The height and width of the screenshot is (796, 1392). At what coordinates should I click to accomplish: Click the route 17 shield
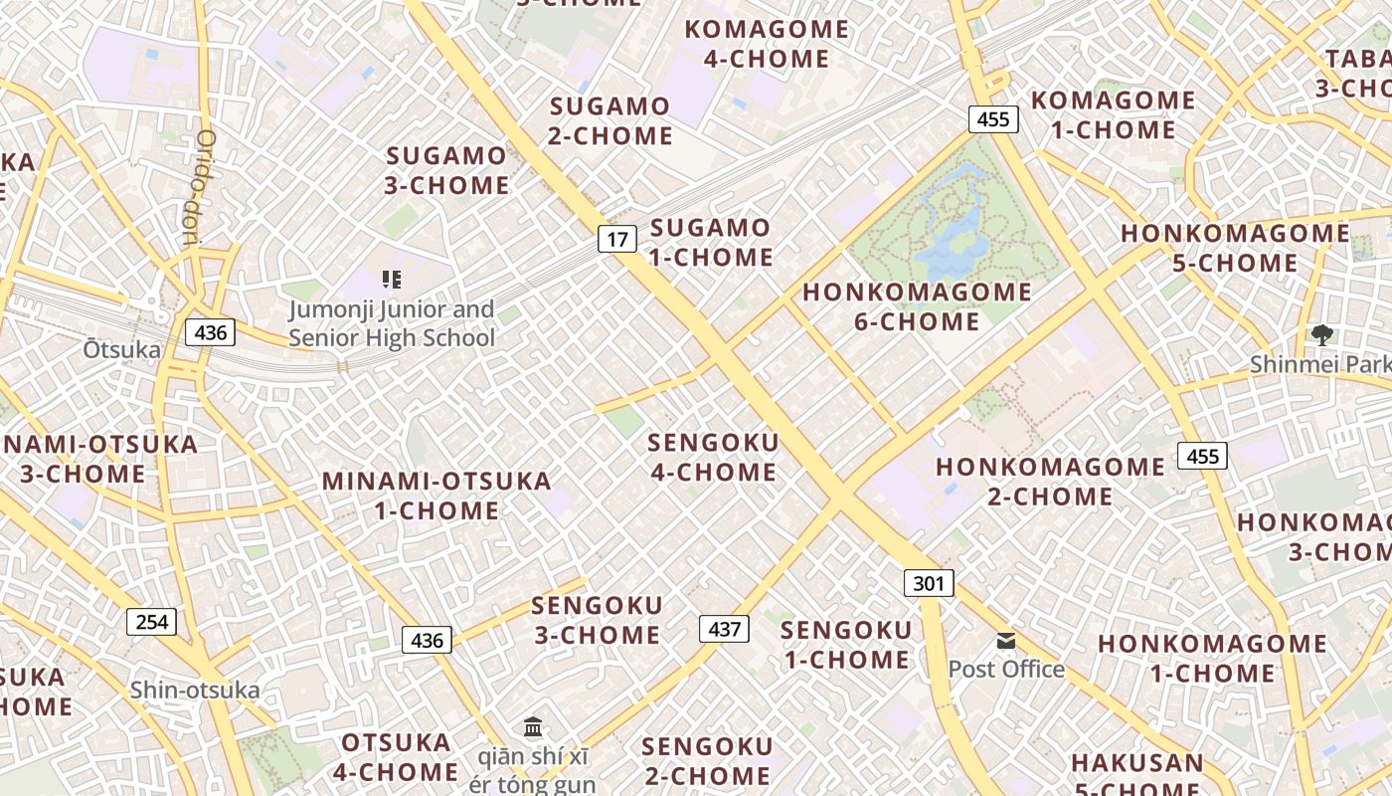point(617,239)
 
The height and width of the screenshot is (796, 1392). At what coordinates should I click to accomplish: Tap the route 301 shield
point(928,583)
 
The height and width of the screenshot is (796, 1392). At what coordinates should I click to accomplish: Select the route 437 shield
point(724,629)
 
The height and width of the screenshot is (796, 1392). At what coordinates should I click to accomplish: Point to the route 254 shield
point(151,622)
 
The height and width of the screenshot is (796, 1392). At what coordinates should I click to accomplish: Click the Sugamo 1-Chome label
point(711,243)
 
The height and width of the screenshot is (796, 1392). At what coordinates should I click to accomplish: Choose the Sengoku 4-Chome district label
point(713,457)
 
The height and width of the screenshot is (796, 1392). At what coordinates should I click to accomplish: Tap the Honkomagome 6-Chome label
point(917,306)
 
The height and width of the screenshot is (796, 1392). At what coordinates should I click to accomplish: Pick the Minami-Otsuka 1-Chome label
point(435,496)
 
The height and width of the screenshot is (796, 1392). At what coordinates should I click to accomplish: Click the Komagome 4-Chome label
point(767,44)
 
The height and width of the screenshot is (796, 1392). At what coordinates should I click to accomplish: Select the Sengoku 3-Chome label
point(597,620)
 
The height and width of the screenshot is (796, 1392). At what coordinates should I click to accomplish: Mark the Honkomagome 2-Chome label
point(1050,482)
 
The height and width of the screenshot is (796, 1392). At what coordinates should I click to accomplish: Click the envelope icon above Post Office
point(1006,641)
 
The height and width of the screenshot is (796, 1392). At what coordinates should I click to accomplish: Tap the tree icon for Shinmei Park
point(1321,334)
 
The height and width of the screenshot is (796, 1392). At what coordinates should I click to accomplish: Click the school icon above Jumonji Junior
point(391,280)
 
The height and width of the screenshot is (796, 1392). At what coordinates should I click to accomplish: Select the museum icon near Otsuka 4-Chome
point(533,726)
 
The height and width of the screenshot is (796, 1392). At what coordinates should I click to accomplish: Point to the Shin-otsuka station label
point(195,690)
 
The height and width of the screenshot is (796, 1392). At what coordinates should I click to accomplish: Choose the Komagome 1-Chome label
point(1113,114)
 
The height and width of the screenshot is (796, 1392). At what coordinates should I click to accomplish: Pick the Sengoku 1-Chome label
point(845,645)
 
